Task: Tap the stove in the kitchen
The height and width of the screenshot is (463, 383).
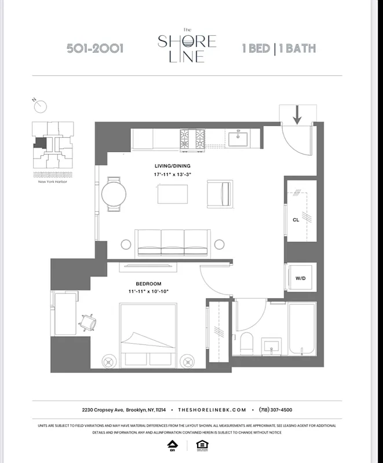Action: click(192, 139)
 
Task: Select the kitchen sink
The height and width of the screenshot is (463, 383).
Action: click(238, 139)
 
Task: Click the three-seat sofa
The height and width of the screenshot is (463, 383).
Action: click(172, 240)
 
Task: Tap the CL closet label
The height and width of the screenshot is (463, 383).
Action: click(296, 220)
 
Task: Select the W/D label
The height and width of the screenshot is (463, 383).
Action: click(300, 278)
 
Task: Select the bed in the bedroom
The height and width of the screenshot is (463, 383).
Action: click(148, 336)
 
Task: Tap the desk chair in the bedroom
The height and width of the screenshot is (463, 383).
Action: click(89, 321)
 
